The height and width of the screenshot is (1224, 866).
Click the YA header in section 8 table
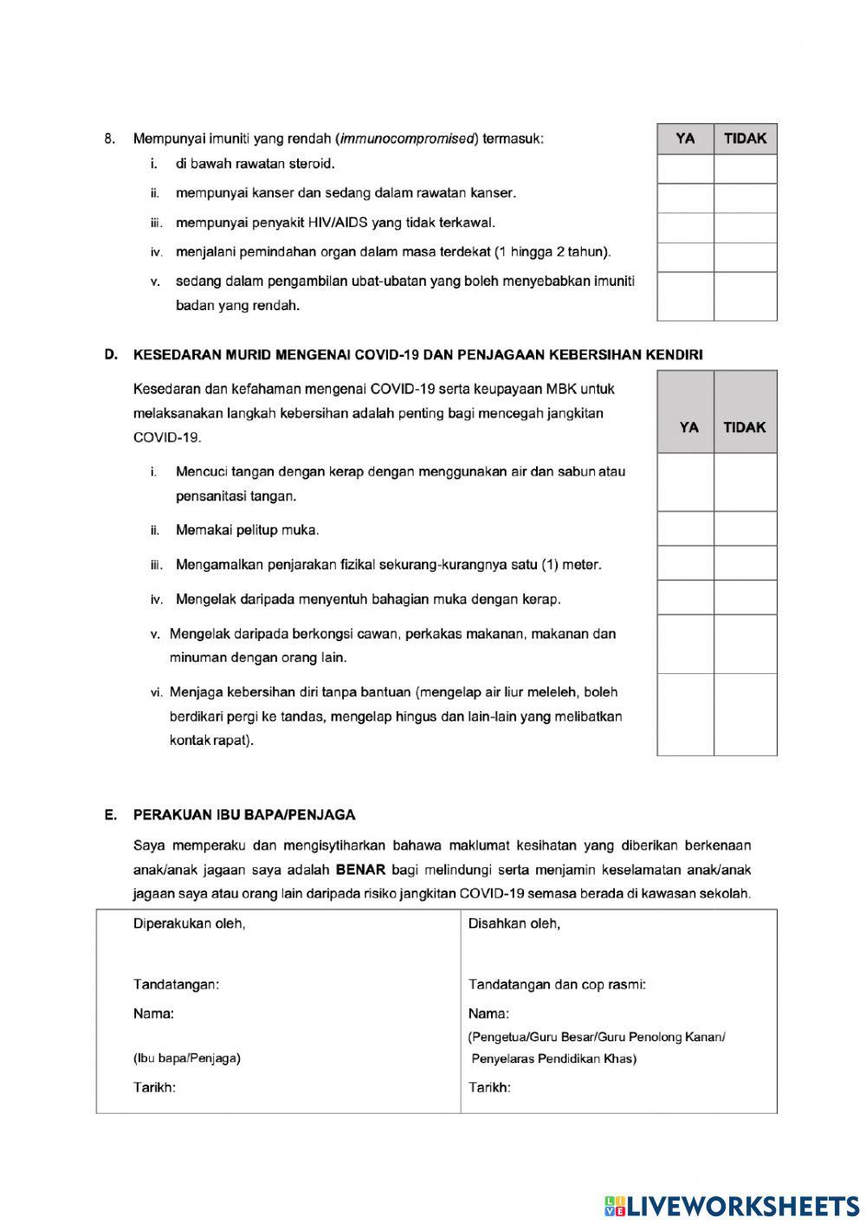coord(685,139)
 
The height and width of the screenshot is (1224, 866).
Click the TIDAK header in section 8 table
coord(745,139)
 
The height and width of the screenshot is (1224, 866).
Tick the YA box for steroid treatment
coord(685,169)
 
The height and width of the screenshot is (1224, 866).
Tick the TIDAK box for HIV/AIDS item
coord(745,228)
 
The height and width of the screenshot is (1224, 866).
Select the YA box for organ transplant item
coord(685,257)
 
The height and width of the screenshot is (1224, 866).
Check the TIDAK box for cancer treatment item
coord(745,198)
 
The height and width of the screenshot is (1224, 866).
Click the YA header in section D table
coord(688,427)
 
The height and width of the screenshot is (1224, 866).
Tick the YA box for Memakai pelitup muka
coord(685,528)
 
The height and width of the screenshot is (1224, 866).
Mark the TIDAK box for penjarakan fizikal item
coord(745,563)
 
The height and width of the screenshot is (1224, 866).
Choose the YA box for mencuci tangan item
coord(685,482)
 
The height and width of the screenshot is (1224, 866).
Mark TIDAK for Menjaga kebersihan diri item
coord(745,715)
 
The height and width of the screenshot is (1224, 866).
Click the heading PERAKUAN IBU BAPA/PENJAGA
coord(243,815)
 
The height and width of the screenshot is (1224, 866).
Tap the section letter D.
coord(110,354)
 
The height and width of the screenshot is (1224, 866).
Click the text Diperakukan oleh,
coord(189,923)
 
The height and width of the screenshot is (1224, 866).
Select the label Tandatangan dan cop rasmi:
coord(557,984)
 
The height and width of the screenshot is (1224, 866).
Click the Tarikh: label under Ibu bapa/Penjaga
coord(154,1087)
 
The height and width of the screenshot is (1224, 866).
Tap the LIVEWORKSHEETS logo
coord(732,1205)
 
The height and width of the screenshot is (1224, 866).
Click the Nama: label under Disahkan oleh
coord(488,1014)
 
